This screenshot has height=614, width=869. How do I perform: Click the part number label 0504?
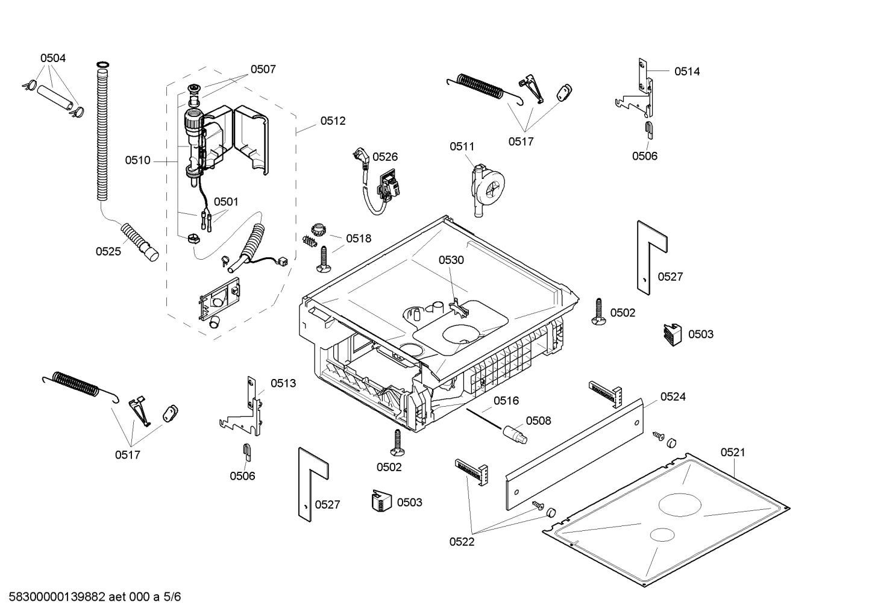53,58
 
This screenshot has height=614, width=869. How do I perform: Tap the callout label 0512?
333,121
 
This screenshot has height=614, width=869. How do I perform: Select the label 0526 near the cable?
385,157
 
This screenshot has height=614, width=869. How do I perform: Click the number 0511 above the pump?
462,146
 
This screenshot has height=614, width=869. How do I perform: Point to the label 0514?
687,71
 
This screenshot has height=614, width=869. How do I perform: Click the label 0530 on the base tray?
451,260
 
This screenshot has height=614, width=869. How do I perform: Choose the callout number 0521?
732,452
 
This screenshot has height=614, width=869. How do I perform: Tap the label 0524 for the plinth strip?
673,396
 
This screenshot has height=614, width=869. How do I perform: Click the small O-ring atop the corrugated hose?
102,64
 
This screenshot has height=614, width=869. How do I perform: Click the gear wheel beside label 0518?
318,230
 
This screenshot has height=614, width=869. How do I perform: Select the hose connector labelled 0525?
139,241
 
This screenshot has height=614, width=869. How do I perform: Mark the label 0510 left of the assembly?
137,160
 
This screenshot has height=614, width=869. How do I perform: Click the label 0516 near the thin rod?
506,401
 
